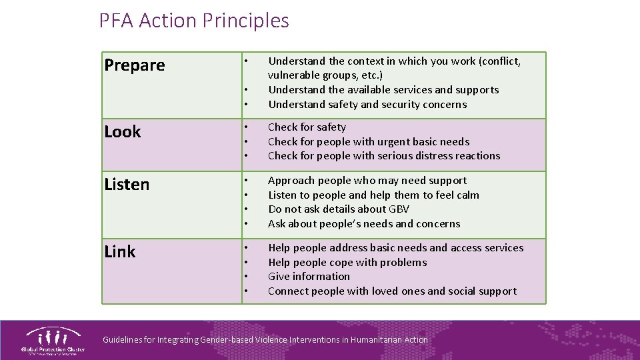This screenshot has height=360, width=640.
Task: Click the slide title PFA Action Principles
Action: coord(194,21)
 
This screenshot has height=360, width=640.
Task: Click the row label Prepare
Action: coord(135,65)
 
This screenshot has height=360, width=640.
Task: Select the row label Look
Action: coord(123,132)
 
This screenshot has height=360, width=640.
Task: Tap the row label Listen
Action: coord(127,185)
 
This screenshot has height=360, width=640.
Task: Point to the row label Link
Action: coord(120,252)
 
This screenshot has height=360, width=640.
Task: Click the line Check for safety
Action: coord(307,127)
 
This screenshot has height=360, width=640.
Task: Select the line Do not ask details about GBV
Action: coord(339,209)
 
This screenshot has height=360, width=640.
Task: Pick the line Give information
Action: coord(309,277)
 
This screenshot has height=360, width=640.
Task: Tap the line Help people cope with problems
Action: coord(347,262)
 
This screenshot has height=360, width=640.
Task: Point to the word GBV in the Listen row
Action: coord(397,209)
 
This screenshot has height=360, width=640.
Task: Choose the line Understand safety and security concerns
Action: coord(367,105)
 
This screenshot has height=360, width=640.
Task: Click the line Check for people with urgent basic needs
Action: coord(369,142)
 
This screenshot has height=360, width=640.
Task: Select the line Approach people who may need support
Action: coord(367,181)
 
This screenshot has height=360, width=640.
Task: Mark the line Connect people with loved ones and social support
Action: coord(392,291)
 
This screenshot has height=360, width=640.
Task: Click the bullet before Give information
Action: coord(246,277)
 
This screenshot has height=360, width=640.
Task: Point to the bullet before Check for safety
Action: coord(246,127)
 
